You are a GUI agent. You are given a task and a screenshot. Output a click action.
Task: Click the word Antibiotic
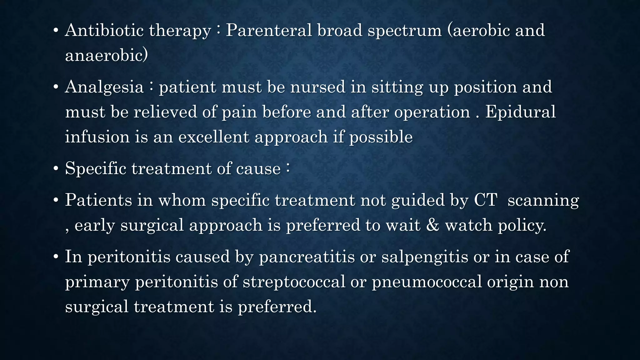(104, 31)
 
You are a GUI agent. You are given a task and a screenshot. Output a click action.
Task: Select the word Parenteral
(269, 31)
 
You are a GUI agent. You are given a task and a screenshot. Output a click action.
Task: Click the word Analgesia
(104, 87)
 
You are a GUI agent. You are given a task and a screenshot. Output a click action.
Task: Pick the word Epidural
(520, 112)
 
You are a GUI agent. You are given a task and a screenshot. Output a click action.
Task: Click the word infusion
(97, 137)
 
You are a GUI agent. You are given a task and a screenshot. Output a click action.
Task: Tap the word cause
(258, 169)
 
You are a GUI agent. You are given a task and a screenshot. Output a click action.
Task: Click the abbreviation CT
(485, 200)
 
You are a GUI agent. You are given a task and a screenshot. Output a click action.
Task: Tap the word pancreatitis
(307, 257)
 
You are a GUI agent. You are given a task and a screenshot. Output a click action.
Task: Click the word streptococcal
(294, 282)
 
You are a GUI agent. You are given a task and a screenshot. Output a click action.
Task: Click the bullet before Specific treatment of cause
(56, 169)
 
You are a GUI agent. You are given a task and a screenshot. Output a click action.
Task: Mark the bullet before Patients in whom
(56, 200)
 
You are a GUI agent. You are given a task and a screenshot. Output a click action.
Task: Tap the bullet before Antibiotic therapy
(56, 31)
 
